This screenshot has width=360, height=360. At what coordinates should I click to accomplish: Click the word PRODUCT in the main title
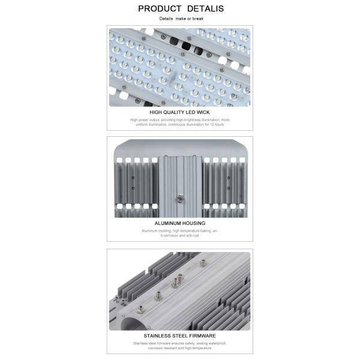(x=159, y=8)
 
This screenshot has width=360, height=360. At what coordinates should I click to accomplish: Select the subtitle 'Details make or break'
(x=179, y=19)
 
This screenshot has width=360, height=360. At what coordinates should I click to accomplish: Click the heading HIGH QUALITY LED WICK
(x=179, y=112)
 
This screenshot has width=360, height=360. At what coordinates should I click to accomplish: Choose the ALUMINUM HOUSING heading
(x=179, y=223)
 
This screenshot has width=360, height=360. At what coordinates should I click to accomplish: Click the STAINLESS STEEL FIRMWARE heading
(x=179, y=336)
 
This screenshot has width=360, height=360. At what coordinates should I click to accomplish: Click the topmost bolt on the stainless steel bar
(x=203, y=262)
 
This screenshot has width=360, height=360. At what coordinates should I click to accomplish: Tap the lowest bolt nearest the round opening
(x=140, y=310)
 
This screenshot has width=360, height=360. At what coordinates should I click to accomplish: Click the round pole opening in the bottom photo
(x=127, y=325)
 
